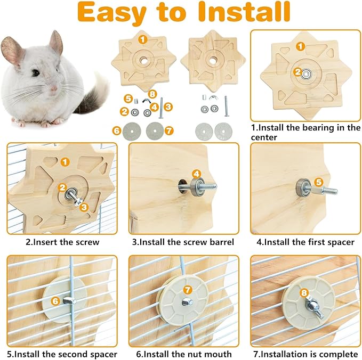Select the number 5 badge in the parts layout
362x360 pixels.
pos(128,99)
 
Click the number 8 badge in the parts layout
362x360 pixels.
pos(153,95)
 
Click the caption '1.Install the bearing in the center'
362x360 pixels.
pos(305,132)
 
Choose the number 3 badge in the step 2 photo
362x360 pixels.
pos(84,207)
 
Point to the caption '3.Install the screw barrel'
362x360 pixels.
pos(183,242)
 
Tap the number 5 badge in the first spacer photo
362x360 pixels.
pos(318,182)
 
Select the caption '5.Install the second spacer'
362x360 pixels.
pos(62,354)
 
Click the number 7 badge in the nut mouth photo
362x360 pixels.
pos(187,290)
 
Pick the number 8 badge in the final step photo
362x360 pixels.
pos(304,292)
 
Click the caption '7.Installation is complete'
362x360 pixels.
pos(305,354)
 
